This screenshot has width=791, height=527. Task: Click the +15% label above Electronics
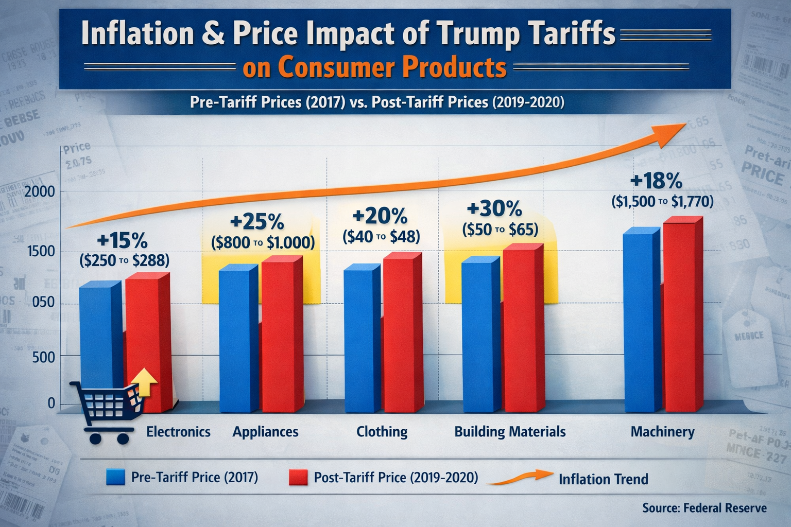(x=123, y=240)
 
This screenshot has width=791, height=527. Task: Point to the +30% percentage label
(x=494, y=209)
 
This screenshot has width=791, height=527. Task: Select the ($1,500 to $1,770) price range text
(x=662, y=201)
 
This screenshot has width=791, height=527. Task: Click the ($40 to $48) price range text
(x=382, y=236)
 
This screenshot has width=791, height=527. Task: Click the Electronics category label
(x=178, y=431)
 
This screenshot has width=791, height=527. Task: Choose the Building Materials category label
(x=510, y=431)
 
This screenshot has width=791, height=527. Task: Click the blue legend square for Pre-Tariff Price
(x=115, y=477)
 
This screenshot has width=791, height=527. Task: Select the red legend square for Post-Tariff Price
(x=298, y=477)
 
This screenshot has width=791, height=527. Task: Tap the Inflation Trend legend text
(x=603, y=479)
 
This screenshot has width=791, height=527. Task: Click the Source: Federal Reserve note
(x=704, y=508)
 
